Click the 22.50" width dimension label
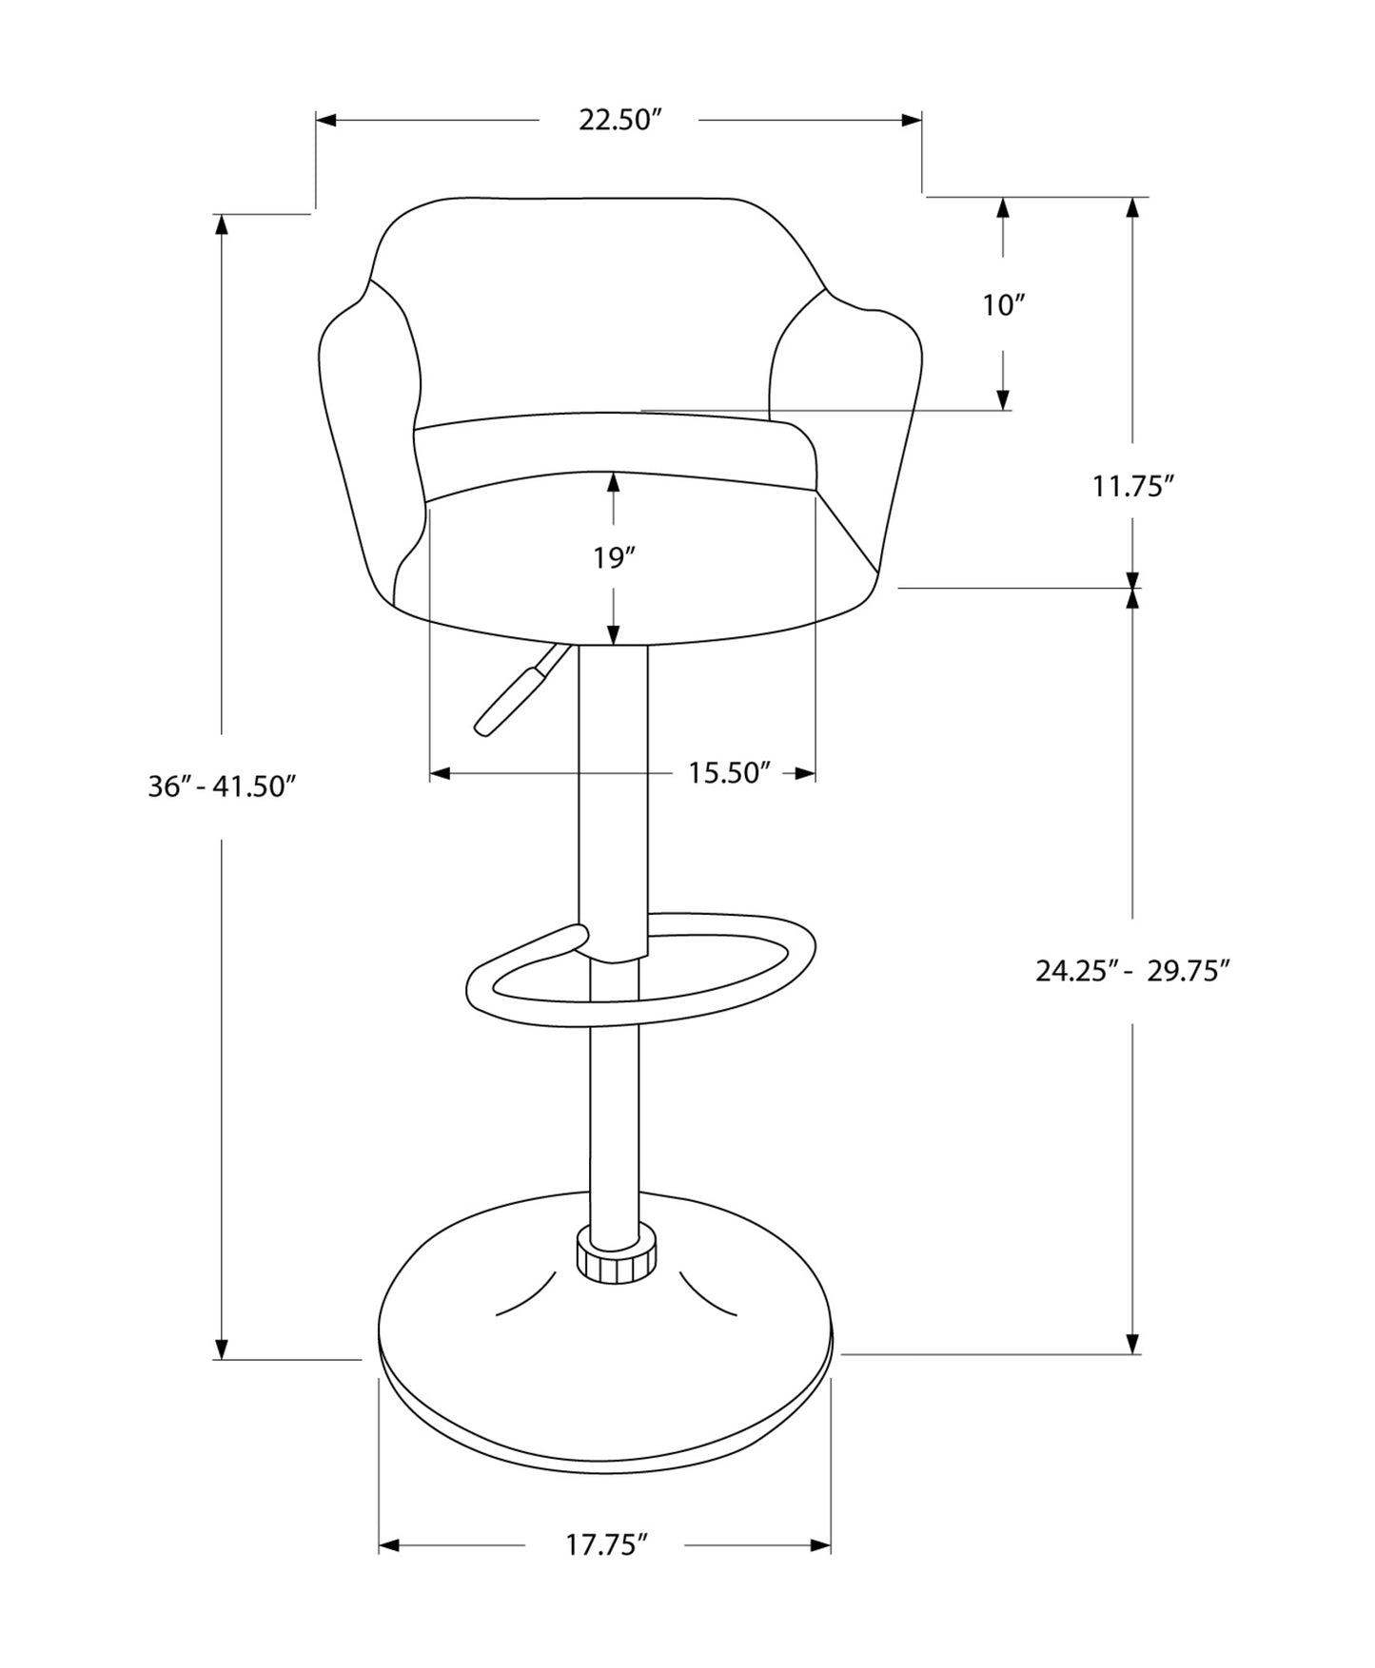pos(619,121)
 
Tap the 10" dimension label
pos(1003,305)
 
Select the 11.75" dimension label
pos(1132,487)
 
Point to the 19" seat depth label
pos(614,558)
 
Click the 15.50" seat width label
pos(729,773)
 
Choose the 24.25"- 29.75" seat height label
pos(1132,971)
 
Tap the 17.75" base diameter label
pos(606,1545)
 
